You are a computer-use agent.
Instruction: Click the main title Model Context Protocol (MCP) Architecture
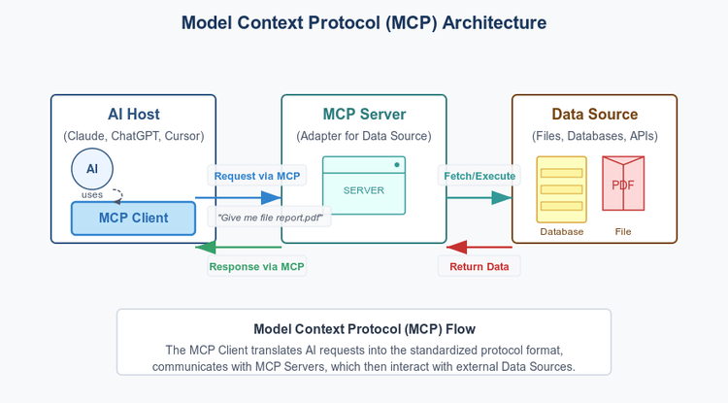(x=363, y=22)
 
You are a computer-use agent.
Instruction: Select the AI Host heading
(x=133, y=115)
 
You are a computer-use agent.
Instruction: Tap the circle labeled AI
(x=92, y=169)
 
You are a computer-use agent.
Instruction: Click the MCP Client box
(x=133, y=218)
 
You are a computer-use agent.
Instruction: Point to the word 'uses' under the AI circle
(x=92, y=195)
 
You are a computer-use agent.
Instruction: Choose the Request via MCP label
(x=256, y=176)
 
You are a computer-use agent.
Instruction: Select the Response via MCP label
(x=256, y=266)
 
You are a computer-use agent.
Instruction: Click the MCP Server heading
(x=363, y=115)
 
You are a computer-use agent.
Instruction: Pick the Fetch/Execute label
(x=480, y=176)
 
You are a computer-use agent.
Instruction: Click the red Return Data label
(x=480, y=266)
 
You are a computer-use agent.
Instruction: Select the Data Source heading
(x=594, y=115)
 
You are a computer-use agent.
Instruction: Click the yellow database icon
(x=561, y=188)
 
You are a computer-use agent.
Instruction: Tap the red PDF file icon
(x=622, y=184)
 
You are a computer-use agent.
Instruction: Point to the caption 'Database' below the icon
(x=561, y=232)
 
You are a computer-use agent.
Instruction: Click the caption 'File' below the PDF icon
(x=622, y=232)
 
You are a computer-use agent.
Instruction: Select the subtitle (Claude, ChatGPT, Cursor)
(x=133, y=136)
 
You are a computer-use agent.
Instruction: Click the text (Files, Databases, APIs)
(x=594, y=136)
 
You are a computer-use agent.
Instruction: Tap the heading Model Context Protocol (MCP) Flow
(x=363, y=329)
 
